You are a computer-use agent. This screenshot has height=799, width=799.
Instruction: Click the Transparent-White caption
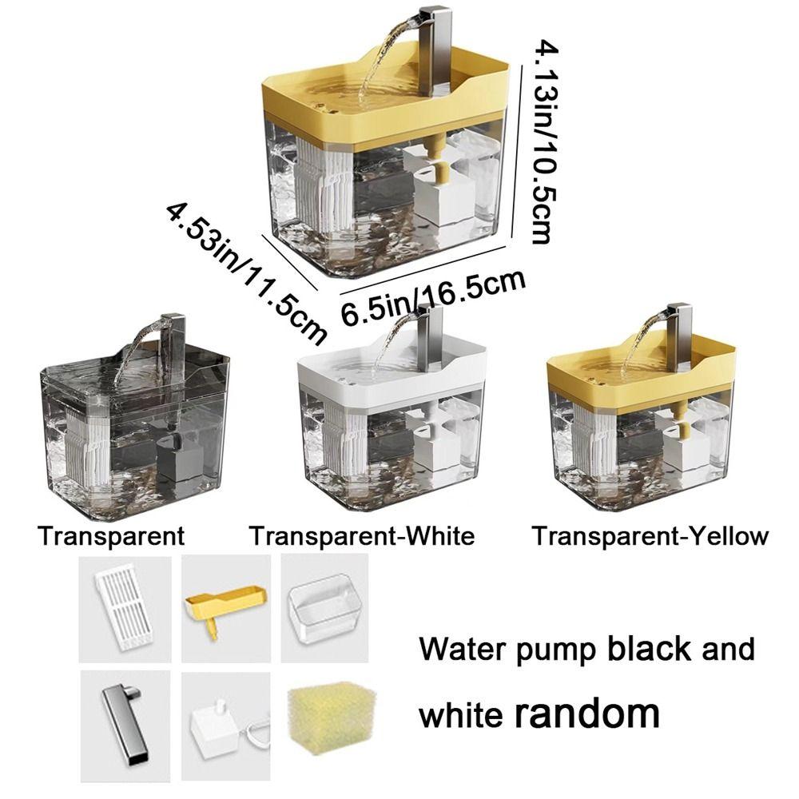coord(361,535)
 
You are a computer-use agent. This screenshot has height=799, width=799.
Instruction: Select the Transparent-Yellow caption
coord(650,535)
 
